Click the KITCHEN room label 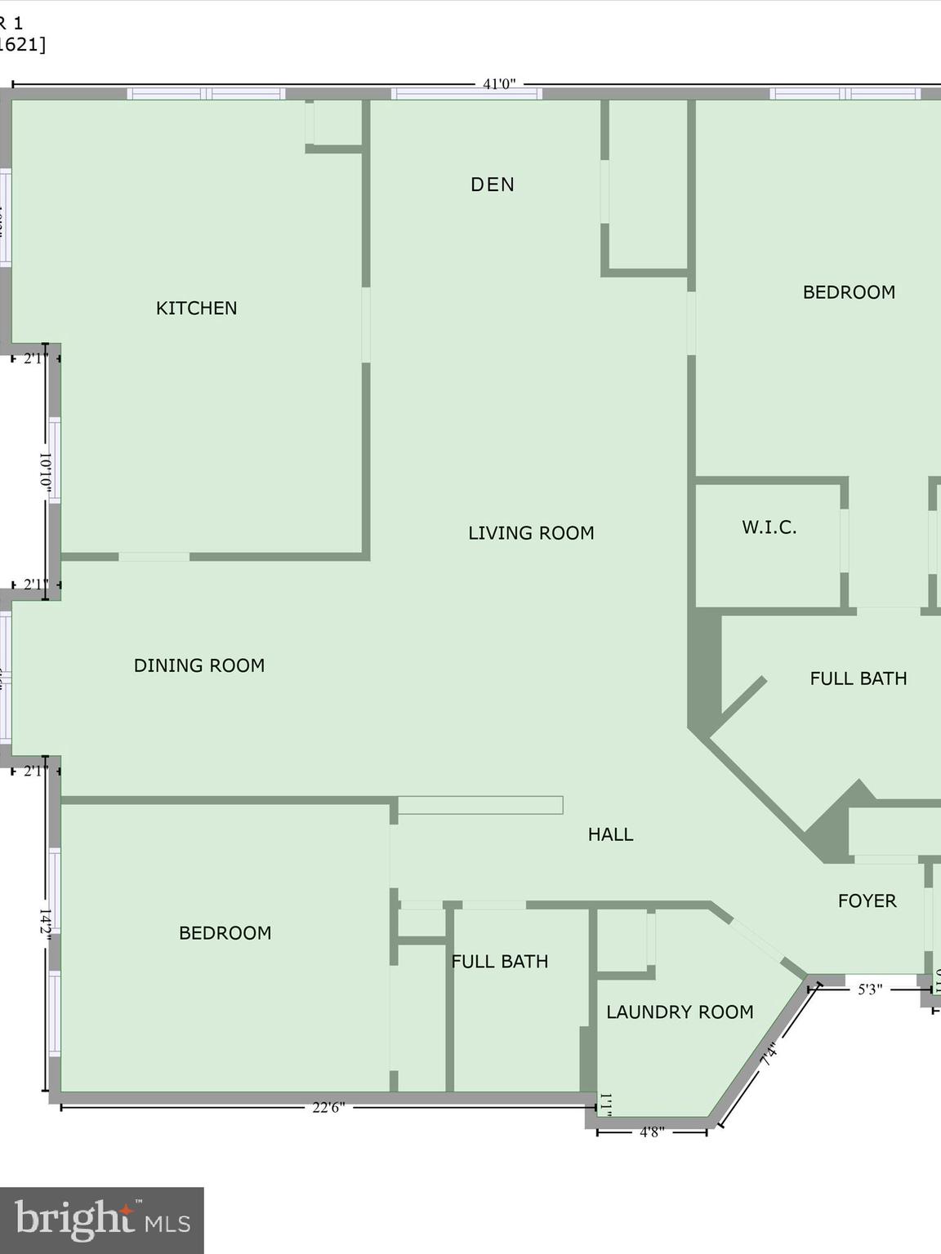pos(196,308)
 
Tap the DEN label pos(493,185)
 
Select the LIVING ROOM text pos(531,533)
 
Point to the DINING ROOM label pos(199,665)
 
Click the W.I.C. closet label pos(769,527)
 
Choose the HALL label pos(610,834)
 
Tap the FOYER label pos(867,900)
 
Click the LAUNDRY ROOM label pos(680,1012)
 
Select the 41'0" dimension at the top pos(499,84)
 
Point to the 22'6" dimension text pos(328,1108)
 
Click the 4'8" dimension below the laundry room pos(651,1132)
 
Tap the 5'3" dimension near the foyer pos(870,989)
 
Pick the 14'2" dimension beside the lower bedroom pos(46,925)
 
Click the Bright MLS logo pos(102,1221)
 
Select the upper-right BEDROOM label pos(849,292)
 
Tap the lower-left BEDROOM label pos(225,933)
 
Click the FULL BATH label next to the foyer pos(858,678)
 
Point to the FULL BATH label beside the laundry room pos(499,962)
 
